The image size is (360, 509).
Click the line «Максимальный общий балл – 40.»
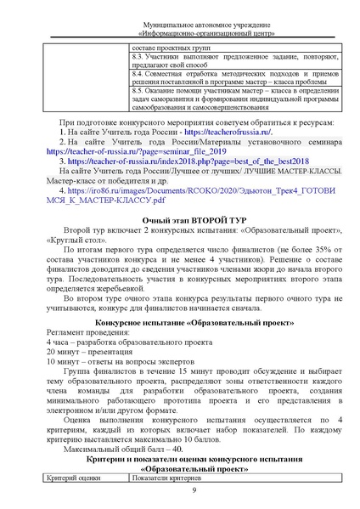[126, 448]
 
